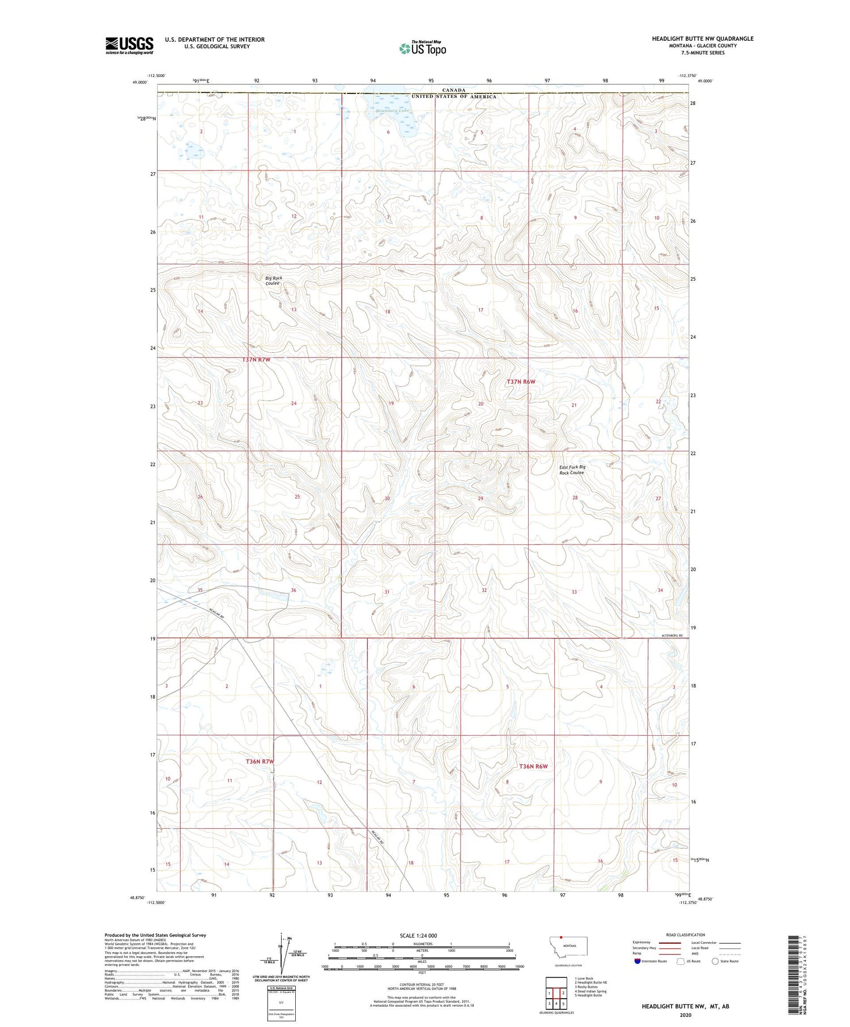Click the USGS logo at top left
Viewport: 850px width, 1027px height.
(129, 45)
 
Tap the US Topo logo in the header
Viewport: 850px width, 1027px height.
(423, 49)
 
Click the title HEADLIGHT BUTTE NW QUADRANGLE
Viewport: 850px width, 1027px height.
(702, 39)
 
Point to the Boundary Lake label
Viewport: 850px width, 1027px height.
(392, 110)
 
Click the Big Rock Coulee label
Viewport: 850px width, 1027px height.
(273, 280)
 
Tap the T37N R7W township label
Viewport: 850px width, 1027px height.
(256, 360)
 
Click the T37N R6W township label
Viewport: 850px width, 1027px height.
(520, 382)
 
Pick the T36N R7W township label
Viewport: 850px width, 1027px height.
(260, 761)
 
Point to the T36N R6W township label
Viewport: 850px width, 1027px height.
(533, 766)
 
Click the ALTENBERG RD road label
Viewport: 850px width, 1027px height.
(673, 636)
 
